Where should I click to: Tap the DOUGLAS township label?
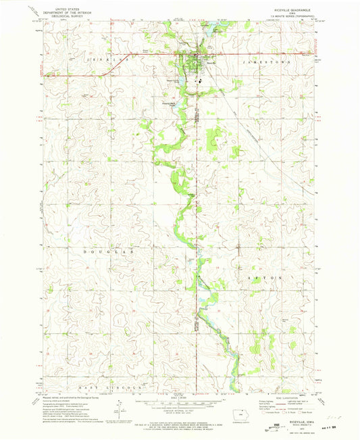point(103,250)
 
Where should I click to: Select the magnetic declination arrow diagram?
point(120,410)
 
